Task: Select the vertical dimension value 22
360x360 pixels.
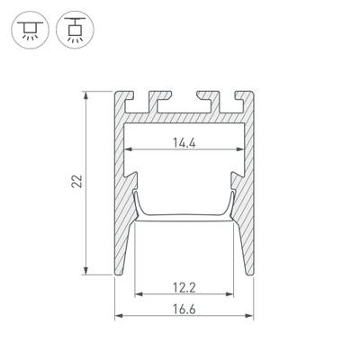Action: pyautogui.click(x=78, y=182)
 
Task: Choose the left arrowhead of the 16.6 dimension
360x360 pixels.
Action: pyautogui.click(x=118, y=317)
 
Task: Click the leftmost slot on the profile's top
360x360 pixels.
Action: pyautogui.click(x=149, y=97)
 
